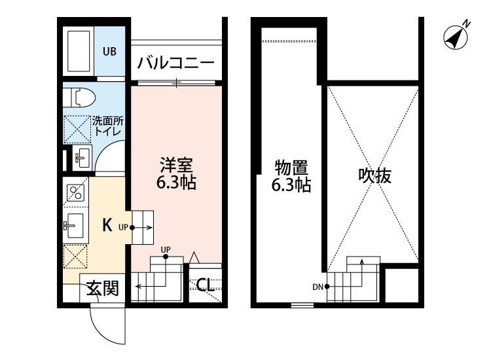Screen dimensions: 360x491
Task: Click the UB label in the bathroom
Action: (x=109, y=50)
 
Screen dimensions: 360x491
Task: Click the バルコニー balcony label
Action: (x=175, y=64)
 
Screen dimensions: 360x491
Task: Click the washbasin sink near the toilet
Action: (x=81, y=156)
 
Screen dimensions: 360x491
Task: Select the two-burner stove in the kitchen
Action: (x=75, y=192)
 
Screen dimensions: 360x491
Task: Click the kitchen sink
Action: (x=75, y=226)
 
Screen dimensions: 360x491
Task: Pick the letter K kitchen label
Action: (x=107, y=225)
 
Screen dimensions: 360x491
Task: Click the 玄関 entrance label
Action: (x=103, y=289)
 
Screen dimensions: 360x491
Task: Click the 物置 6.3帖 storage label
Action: (x=291, y=175)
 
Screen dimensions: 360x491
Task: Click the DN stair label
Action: (x=318, y=286)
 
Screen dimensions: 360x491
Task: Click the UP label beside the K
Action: (x=123, y=228)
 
